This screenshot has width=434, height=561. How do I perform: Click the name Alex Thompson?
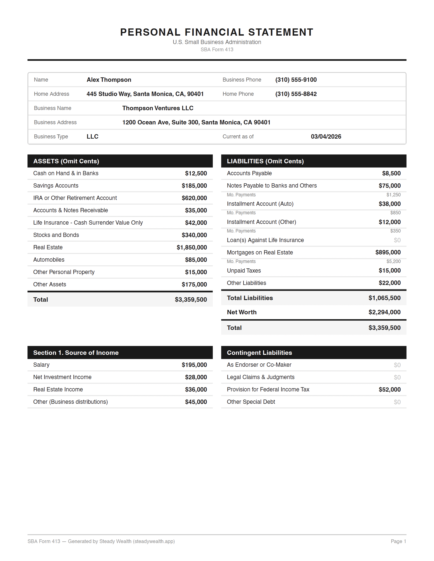tap(109, 80)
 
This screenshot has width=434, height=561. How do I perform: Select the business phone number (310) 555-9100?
tap(296, 80)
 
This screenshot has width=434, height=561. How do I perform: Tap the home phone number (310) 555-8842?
tap(296, 94)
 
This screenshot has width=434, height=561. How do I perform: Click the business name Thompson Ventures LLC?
tap(158, 108)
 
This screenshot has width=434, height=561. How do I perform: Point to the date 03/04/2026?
tap(326, 137)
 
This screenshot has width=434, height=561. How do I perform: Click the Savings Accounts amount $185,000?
tap(194, 186)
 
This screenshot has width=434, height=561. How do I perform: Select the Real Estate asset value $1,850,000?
tap(192, 247)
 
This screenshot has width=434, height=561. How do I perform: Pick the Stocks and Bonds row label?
tap(56, 235)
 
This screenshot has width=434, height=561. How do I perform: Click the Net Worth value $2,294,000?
tap(384, 312)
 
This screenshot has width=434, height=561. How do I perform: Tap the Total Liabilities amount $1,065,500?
tap(384, 298)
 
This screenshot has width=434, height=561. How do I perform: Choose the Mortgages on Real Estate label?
tap(260, 253)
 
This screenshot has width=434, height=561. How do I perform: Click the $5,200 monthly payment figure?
tap(393, 261)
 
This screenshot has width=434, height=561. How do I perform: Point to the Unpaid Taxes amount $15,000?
tap(389, 270)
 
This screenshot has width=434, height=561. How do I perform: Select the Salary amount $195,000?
tap(194, 365)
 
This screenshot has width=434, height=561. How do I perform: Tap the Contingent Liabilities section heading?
tap(259, 353)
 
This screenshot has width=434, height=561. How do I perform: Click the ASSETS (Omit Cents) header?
tap(66, 161)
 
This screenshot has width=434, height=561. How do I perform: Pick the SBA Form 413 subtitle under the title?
tap(217, 50)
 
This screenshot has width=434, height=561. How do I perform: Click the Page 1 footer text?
tap(398, 541)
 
